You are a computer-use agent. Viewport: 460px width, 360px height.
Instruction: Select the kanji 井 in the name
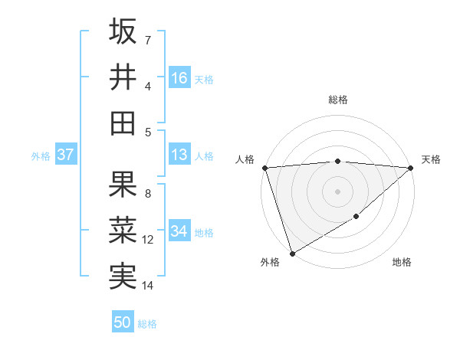tap(123, 77)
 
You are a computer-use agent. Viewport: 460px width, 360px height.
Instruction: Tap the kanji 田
tap(123, 123)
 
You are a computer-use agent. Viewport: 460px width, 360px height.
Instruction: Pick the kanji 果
tap(123, 184)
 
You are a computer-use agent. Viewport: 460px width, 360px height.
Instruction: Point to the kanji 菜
tap(123, 230)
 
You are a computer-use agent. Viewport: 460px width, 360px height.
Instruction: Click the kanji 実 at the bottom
tap(123, 275)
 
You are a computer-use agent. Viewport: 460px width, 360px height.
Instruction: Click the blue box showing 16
tap(179, 78)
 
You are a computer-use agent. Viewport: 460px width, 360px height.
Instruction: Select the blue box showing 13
tap(179, 155)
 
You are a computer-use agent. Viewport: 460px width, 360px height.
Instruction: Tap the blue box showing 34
tap(179, 231)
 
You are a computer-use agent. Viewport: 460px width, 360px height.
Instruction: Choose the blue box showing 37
tap(65, 155)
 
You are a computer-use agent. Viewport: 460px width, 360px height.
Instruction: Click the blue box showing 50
tap(123, 322)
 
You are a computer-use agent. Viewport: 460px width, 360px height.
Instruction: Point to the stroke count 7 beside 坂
tap(148, 40)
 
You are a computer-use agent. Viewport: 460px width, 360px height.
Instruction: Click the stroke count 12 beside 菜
tap(149, 240)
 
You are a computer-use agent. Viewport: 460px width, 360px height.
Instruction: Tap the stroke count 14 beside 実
tap(148, 286)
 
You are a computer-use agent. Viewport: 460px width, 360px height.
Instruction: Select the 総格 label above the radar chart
tap(337, 100)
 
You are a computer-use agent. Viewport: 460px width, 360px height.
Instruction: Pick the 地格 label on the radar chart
tap(402, 263)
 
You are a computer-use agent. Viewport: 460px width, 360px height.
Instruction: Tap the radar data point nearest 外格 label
tap(292, 253)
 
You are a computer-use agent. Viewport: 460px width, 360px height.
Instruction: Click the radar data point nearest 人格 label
tap(264, 168)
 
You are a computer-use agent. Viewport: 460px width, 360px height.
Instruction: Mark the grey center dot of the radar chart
tap(337, 191)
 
